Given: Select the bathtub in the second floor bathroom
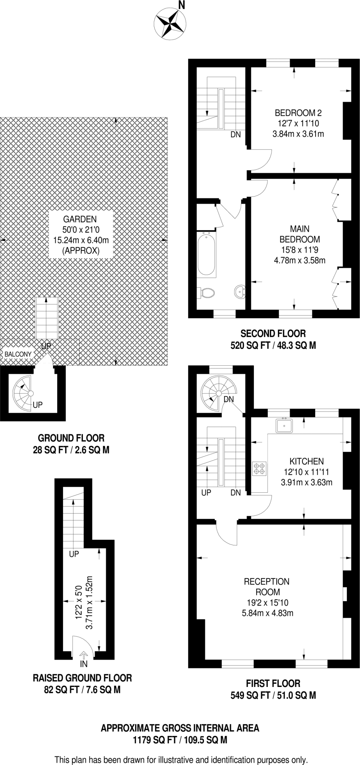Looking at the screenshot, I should (206, 254).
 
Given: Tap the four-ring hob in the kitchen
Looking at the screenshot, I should (259, 468).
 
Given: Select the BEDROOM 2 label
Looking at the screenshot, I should (298, 113).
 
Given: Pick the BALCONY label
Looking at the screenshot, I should (18, 354).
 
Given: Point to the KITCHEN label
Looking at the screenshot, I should (307, 461).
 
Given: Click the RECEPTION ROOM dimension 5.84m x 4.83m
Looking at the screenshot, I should (267, 613).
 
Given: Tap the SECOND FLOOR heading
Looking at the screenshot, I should (273, 334).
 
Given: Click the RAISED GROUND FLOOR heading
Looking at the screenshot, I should (82, 678).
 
